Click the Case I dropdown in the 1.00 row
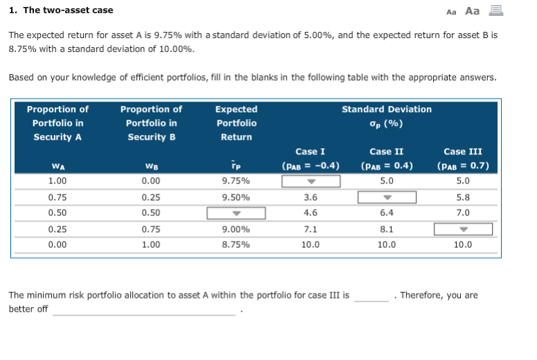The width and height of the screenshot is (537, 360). coord(311,181)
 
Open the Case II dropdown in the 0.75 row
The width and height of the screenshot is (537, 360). coord(386,197)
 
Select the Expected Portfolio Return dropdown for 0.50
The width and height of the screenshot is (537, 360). coord(236,213)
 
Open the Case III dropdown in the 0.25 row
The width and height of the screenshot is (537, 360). coord(463,229)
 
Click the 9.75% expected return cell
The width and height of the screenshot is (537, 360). coord(236,181)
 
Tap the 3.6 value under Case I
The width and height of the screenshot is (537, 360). coord(311,197)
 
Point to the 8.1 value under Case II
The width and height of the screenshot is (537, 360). coord(386,229)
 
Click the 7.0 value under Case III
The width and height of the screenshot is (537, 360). coord(463,213)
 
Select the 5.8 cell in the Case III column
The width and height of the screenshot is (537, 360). coord(463,197)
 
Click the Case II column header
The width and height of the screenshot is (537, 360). coord(386,152)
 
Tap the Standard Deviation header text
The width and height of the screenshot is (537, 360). coord(386,109)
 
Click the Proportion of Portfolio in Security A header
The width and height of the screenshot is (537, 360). coord(57,123)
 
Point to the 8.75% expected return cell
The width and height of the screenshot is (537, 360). coord(236,244)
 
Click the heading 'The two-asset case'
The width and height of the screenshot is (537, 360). coord(61,10)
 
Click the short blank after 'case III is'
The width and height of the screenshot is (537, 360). coord(372,297)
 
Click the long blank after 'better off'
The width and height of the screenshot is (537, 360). coord(144,311)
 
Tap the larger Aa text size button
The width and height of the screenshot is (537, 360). coord(473,10)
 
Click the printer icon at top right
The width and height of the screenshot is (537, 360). coord(495,10)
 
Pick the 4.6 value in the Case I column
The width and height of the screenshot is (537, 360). coord(311,213)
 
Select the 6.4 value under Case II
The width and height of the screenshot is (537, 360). coord(386,213)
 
